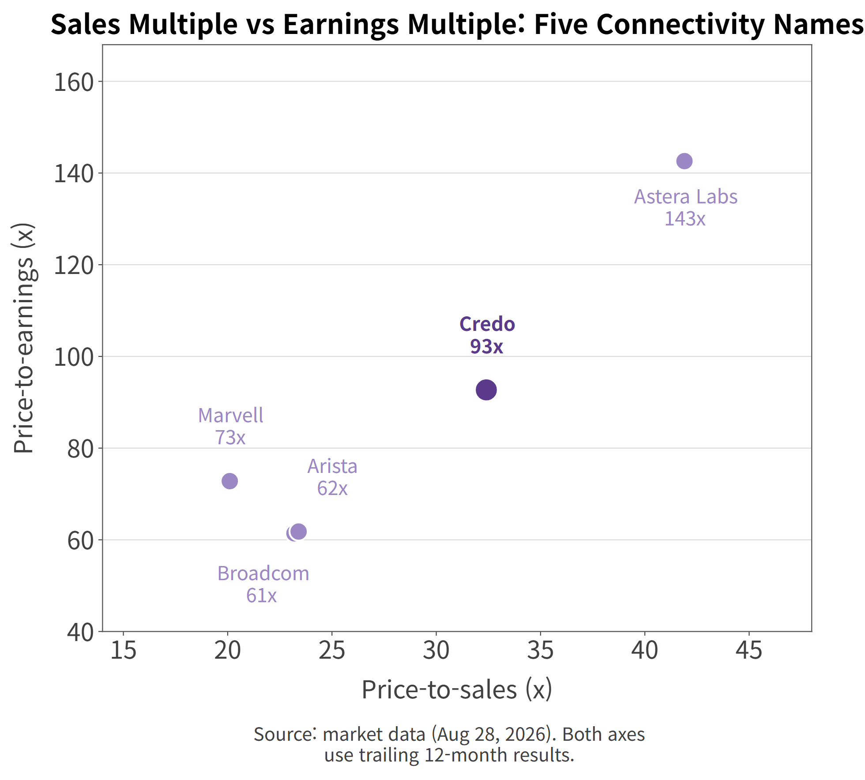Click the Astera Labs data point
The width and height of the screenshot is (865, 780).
(x=684, y=161)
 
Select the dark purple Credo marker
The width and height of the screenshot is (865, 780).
(x=486, y=390)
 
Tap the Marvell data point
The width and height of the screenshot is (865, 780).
(x=229, y=481)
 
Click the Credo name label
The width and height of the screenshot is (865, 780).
(x=487, y=324)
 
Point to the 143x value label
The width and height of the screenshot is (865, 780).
(x=685, y=219)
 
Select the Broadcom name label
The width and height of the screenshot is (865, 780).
(x=263, y=574)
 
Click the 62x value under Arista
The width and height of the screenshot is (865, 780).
(x=332, y=488)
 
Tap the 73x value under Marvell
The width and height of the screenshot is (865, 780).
(x=230, y=438)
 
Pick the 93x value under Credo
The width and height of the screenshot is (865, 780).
(x=486, y=346)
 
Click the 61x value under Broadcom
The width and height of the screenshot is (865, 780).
(x=261, y=596)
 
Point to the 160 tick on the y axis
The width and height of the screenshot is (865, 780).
(x=74, y=82)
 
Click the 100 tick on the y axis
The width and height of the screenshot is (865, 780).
(x=74, y=357)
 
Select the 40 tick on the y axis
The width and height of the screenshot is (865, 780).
(x=80, y=632)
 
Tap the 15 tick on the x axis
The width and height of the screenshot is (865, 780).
(x=123, y=650)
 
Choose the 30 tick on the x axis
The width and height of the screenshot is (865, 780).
(x=436, y=650)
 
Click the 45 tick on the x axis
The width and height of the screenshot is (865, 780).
(x=749, y=650)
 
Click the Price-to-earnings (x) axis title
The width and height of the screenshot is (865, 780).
(x=23, y=338)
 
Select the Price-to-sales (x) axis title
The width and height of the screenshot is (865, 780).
(x=457, y=689)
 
